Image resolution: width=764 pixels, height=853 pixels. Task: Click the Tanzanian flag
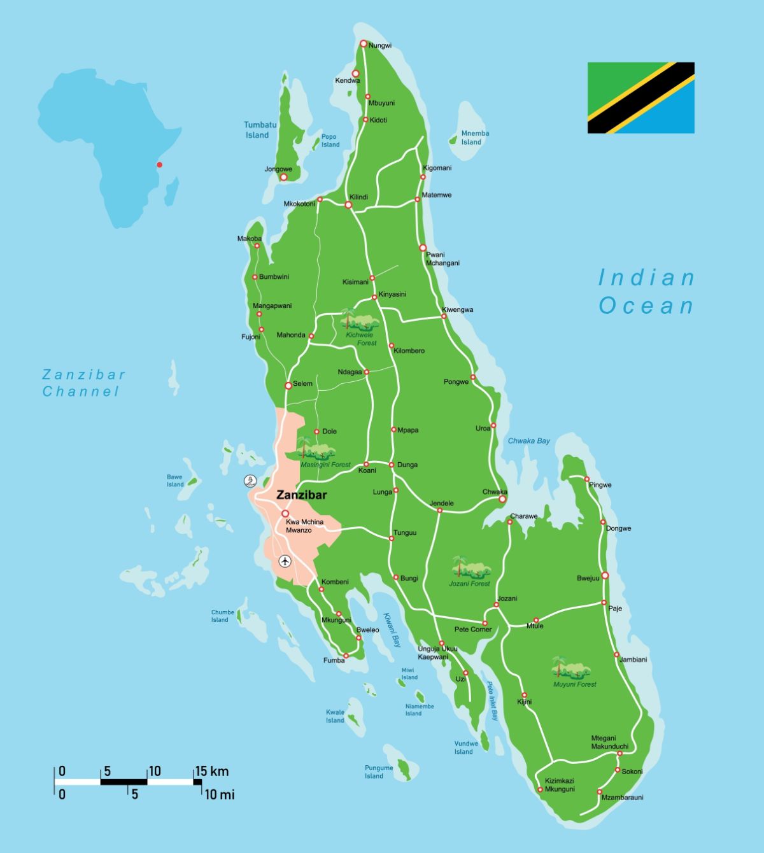click(x=640, y=97)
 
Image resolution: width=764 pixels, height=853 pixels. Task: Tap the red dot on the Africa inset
click(x=159, y=165)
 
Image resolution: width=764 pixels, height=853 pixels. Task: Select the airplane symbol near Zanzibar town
click(x=285, y=561)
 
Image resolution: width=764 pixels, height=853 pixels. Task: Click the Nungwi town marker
click(x=364, y=44)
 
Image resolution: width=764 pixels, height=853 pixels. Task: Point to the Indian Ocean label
click(x=646, y=292)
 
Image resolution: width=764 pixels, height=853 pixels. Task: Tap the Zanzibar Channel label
click(x=83, y=383)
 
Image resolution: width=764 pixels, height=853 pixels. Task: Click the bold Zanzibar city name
click(x=301, y=495)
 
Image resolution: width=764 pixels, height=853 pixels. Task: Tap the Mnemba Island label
click(x=475, y=137)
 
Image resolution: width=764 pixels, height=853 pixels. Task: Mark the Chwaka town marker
click(x=502, y=499)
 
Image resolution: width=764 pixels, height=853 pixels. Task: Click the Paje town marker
click(x=604, y=602)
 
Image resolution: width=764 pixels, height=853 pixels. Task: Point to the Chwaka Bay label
click(x=528, y=441)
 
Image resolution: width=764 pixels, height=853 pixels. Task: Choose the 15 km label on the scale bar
click(x=211, y=772)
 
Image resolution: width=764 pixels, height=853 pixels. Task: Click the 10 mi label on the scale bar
click(x=219, y=794)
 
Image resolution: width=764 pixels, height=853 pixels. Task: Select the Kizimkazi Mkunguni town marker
click(x=541, y=790)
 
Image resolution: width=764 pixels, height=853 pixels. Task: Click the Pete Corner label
click(x=472, y=630)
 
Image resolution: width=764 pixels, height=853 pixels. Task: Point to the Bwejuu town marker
click(x=605, y=575)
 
